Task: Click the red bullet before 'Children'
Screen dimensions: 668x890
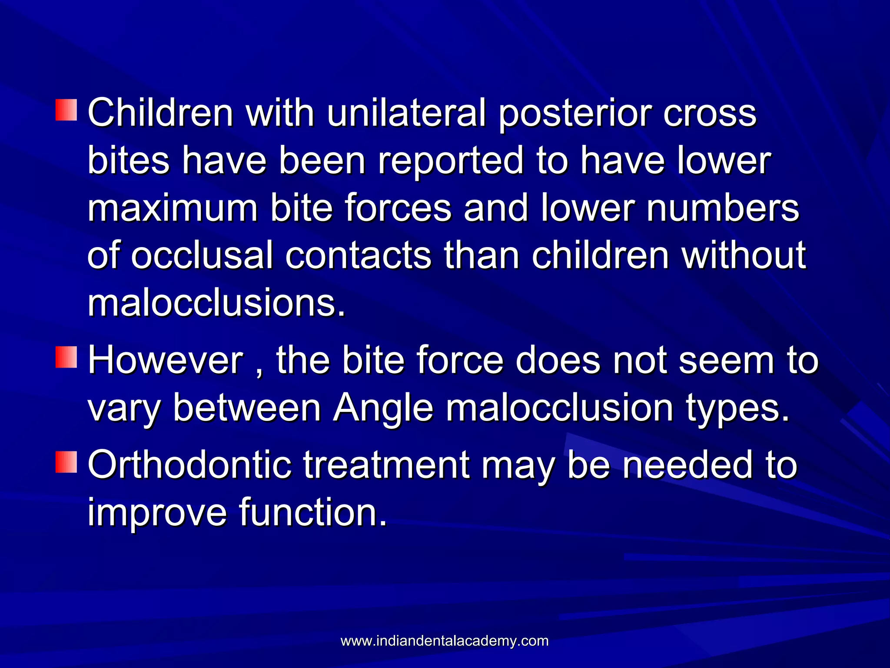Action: [x=66, y=110]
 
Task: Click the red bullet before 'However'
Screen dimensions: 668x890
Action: [x=66, y=357]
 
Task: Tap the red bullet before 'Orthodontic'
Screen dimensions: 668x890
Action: [x=66, y=462]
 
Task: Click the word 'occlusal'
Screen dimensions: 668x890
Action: [x=202, y=256]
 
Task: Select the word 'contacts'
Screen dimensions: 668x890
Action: [x=359, y=256]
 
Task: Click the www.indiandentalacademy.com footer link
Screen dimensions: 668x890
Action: [x=445, y=641]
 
